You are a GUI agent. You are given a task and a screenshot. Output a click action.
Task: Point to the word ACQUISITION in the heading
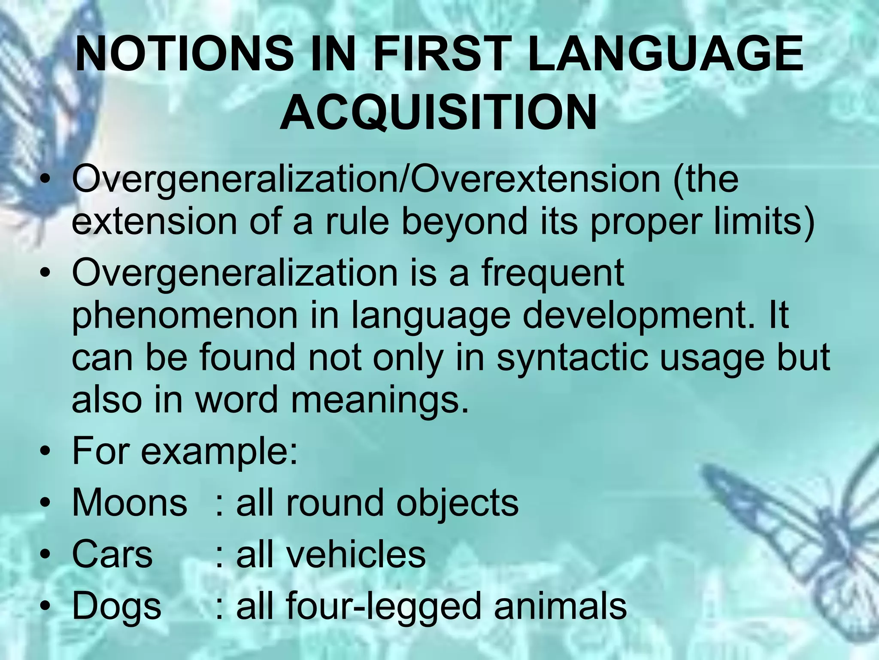439,113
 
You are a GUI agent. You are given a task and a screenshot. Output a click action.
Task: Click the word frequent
552,274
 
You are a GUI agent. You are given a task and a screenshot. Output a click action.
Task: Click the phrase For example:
185,452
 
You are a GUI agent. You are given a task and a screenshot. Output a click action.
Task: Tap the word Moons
129,503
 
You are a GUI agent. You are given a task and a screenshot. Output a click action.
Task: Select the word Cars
112,554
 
